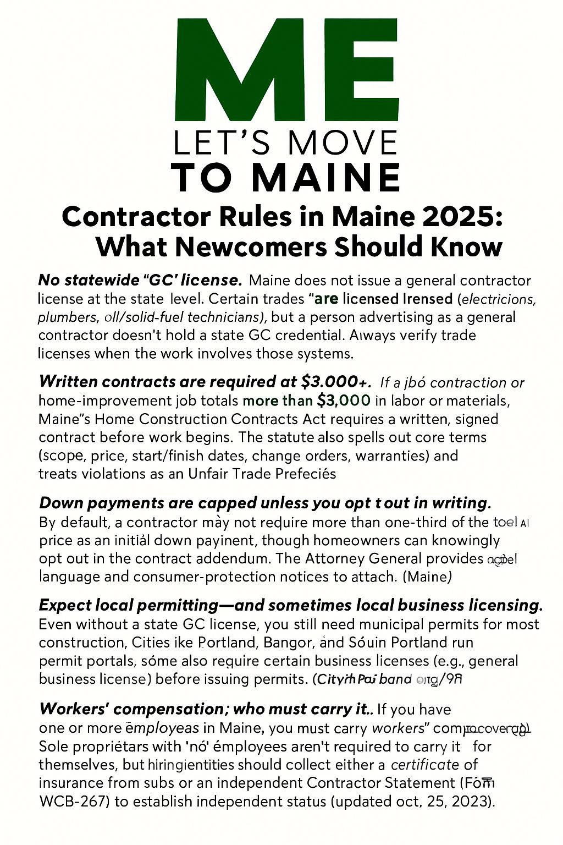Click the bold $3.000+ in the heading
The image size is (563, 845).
point(336,381)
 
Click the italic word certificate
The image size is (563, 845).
point(424,765)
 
